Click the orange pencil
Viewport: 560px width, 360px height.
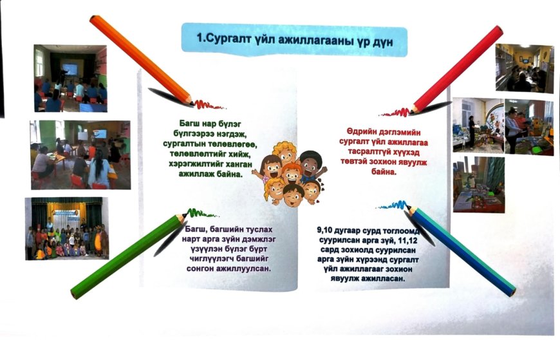pyautogui.click(x=142, y=60)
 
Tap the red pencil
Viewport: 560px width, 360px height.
pyautogui.click(x=457, y=70)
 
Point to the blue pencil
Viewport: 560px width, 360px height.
pyautogui.click(x=461, y=251)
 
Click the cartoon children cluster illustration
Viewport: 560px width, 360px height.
pyautogui.click(x=290, y=174)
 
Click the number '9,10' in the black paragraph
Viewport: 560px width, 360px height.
pyautogui.click(x=326, y=230)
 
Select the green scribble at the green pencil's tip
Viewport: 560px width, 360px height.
pyautogui.click(x=201, y=214)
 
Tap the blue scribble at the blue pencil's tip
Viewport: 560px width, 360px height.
pyautogui.click(x=392, y=205)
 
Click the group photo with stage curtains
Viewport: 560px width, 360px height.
pyautogui.click(x=67, y=229)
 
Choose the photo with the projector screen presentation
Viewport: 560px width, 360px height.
pyautogui.click(x=71, y=79)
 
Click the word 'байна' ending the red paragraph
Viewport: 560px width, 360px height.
pyautogui.click(x=383, y=172)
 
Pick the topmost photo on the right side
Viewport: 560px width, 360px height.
pyautogui.click(x=525, y=68)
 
